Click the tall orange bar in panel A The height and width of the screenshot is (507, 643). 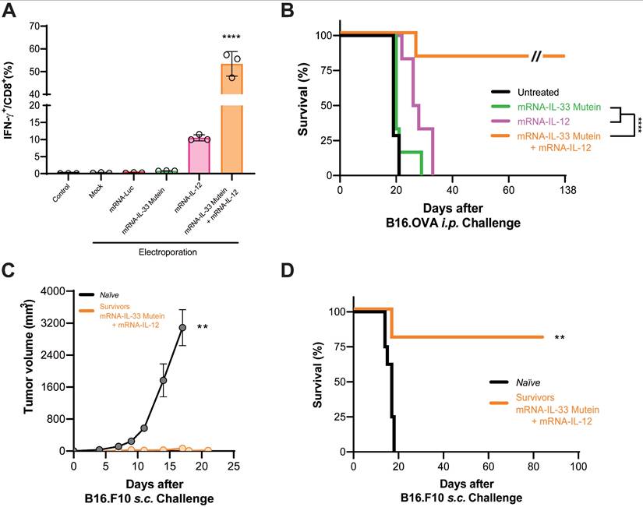coord(231,117)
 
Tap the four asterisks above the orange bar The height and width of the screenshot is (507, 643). coord(231,37)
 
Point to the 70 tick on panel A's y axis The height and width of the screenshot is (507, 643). coord(34,26)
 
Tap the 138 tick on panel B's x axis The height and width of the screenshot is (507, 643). coord(564,189)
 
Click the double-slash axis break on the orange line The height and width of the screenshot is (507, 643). coord(536,56)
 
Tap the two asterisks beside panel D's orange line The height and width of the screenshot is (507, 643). coord(559,338)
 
